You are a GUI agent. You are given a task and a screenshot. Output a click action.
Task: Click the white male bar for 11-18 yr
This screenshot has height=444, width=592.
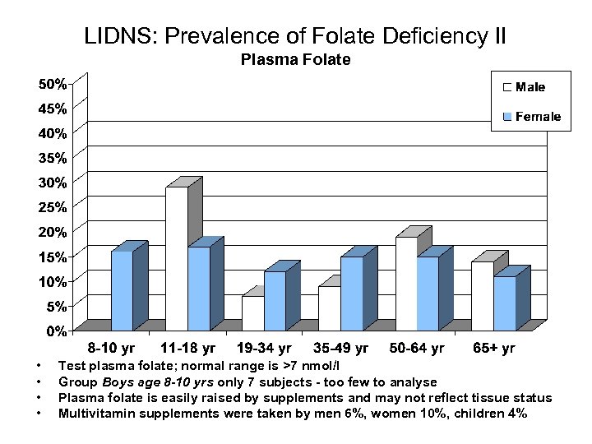177,258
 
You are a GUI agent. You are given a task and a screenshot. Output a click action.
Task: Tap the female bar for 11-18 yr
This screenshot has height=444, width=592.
198,289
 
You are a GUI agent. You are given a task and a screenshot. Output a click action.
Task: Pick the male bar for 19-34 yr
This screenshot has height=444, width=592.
252,313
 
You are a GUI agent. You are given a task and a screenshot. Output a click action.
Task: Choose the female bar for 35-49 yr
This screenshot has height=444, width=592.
351,294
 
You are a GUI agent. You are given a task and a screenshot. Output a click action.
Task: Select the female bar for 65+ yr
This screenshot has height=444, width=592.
504,303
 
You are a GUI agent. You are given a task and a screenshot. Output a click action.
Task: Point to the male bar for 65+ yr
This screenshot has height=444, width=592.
482,296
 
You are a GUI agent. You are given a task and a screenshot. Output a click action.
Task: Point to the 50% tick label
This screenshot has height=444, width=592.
55,84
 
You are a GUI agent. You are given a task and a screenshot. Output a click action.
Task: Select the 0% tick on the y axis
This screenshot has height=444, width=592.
58,331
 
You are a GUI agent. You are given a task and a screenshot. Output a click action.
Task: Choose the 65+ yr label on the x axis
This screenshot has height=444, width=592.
493,349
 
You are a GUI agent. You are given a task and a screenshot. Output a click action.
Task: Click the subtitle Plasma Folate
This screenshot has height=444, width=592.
295,59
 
